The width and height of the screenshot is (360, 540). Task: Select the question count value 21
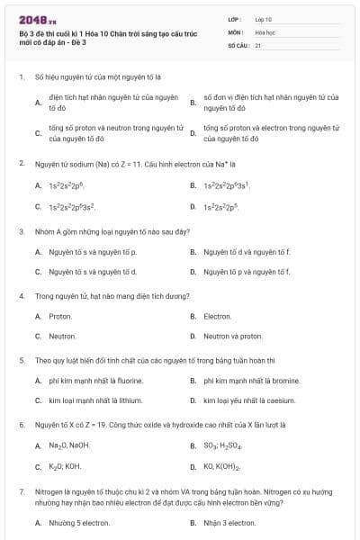(x=258, y=44)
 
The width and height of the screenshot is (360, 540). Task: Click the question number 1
(x=21, y=78)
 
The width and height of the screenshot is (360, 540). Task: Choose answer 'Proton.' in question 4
(x=60, y=316)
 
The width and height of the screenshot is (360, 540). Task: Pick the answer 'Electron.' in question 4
(x=218, y=316)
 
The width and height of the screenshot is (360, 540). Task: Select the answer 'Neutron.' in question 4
(x=62, y=336)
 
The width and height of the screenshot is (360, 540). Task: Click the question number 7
(x=21, y=491)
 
